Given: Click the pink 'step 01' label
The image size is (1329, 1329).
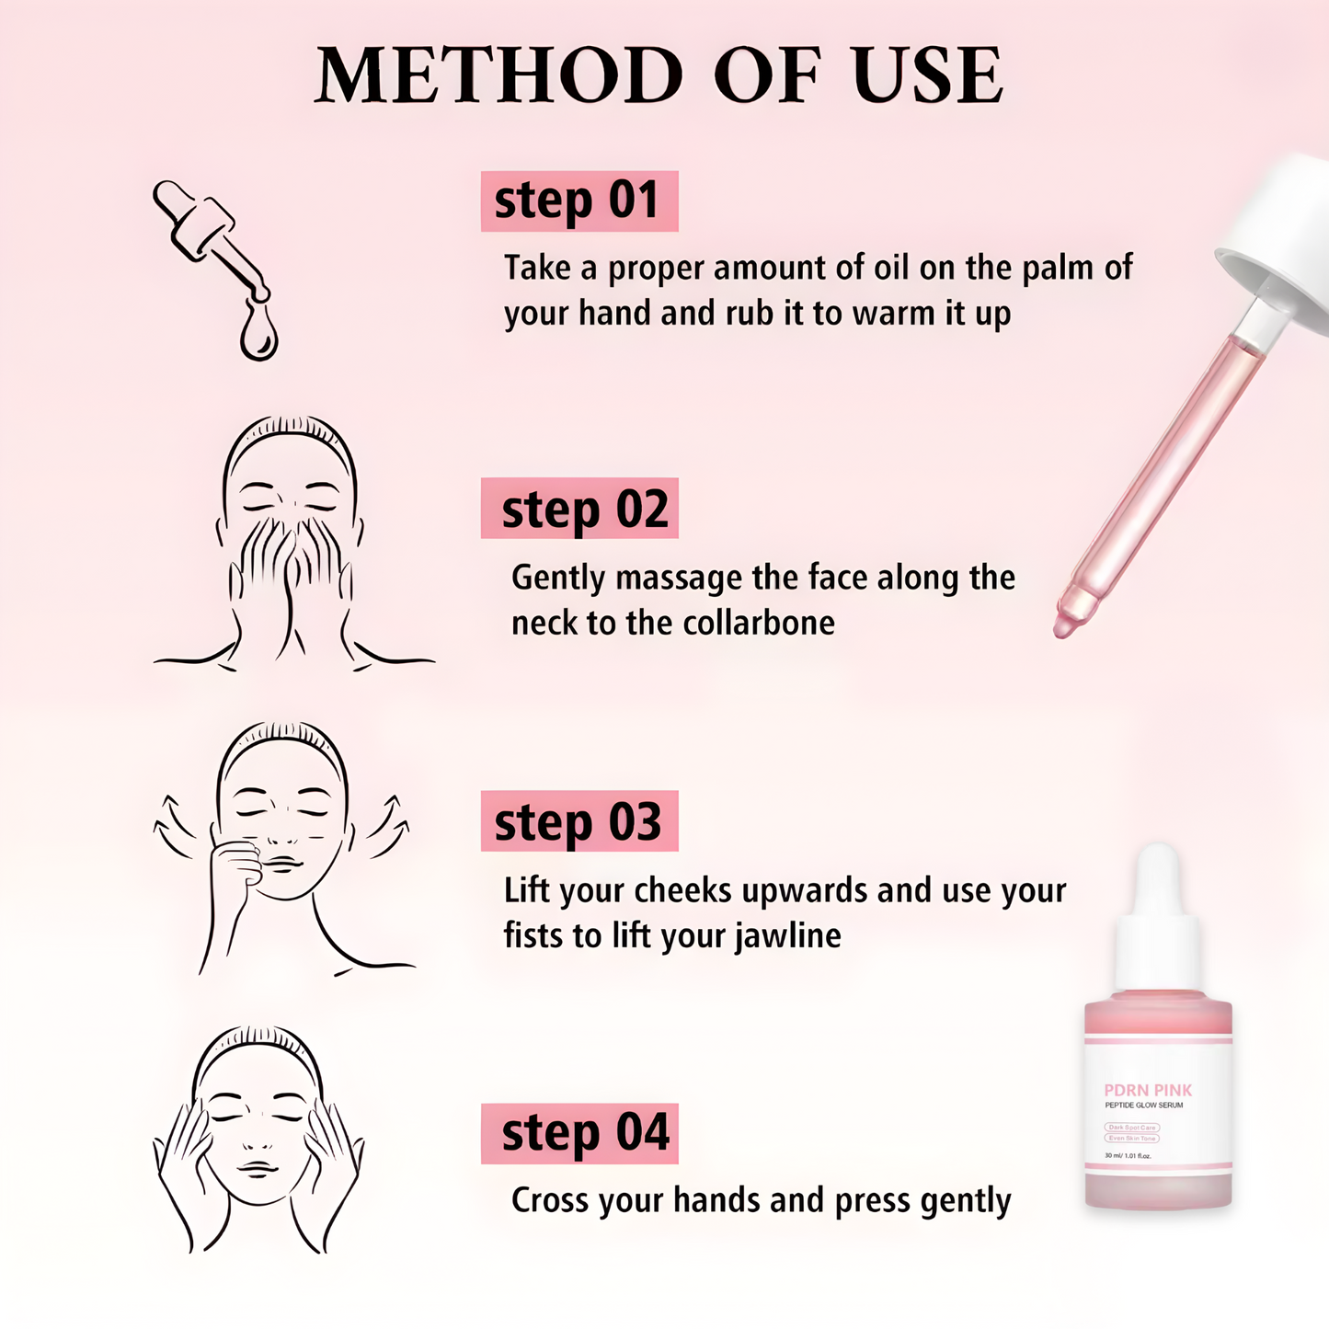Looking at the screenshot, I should (x=579, y=200).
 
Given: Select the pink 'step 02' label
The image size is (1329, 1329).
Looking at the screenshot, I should (x=579, y=509).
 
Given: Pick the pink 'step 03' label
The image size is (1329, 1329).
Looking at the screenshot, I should (x=579, y=821).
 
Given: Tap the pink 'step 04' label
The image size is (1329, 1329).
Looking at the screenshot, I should (x=579, y=1133).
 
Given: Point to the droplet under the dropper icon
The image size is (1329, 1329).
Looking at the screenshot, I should (x=258, y=336).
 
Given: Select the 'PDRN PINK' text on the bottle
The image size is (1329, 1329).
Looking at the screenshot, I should (x=1148, y=1090).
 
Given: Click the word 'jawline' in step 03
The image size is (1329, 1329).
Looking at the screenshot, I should (x=787, y=935).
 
